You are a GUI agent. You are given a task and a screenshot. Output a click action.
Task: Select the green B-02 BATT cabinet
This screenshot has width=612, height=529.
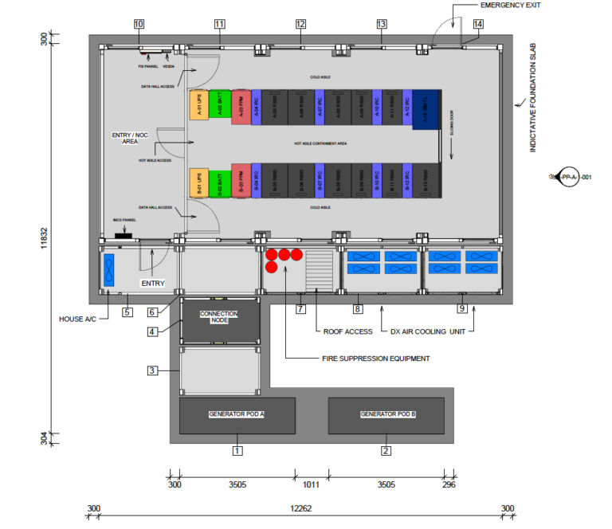(x=220, y=182)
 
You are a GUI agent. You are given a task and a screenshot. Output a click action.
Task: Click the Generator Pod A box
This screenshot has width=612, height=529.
(x=237, y=415)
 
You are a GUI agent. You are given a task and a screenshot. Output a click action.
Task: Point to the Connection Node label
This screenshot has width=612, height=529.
(x=219, y=316)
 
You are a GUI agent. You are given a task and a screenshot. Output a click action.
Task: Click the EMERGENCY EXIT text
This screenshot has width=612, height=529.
(x=510, y=6)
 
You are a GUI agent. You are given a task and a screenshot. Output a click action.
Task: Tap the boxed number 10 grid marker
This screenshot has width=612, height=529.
(x=139, y=25)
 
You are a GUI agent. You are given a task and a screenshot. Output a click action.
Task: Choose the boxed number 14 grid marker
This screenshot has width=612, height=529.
(x=478, y=25)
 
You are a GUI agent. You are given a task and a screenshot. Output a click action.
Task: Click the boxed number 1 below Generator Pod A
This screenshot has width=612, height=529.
(x=237, y=451)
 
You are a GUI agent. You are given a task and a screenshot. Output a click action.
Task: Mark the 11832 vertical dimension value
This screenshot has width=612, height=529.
(x=45, y=237)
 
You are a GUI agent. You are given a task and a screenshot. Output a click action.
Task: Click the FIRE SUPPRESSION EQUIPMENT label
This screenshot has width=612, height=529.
(x=376, y=359)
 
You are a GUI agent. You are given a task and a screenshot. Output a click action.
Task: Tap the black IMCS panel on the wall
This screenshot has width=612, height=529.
(x=124, y=236)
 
